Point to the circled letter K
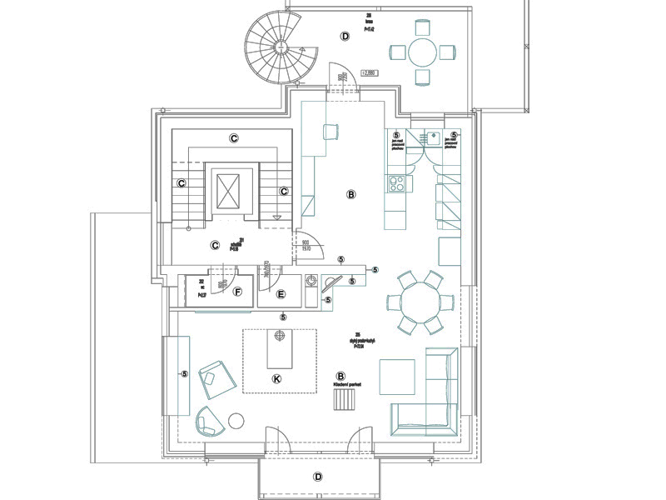pyautogui.click(x=278, y=379)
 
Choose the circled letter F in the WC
pyautogui.click(x=238, y=292)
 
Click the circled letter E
pyautogui.click(x=281, y=294)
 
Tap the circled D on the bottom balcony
pyautogui.click(x=317, y=477)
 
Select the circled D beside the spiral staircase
pyautogui.click(x=345, y=36)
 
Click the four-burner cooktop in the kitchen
pyautogui.click(x=396, y=182)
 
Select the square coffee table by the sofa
pyautogui.click(x=397, y=377)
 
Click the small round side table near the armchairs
pyautogui.click(x=236, y=421)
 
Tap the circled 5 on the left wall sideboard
pyautogui.click(x=184, y=374)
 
